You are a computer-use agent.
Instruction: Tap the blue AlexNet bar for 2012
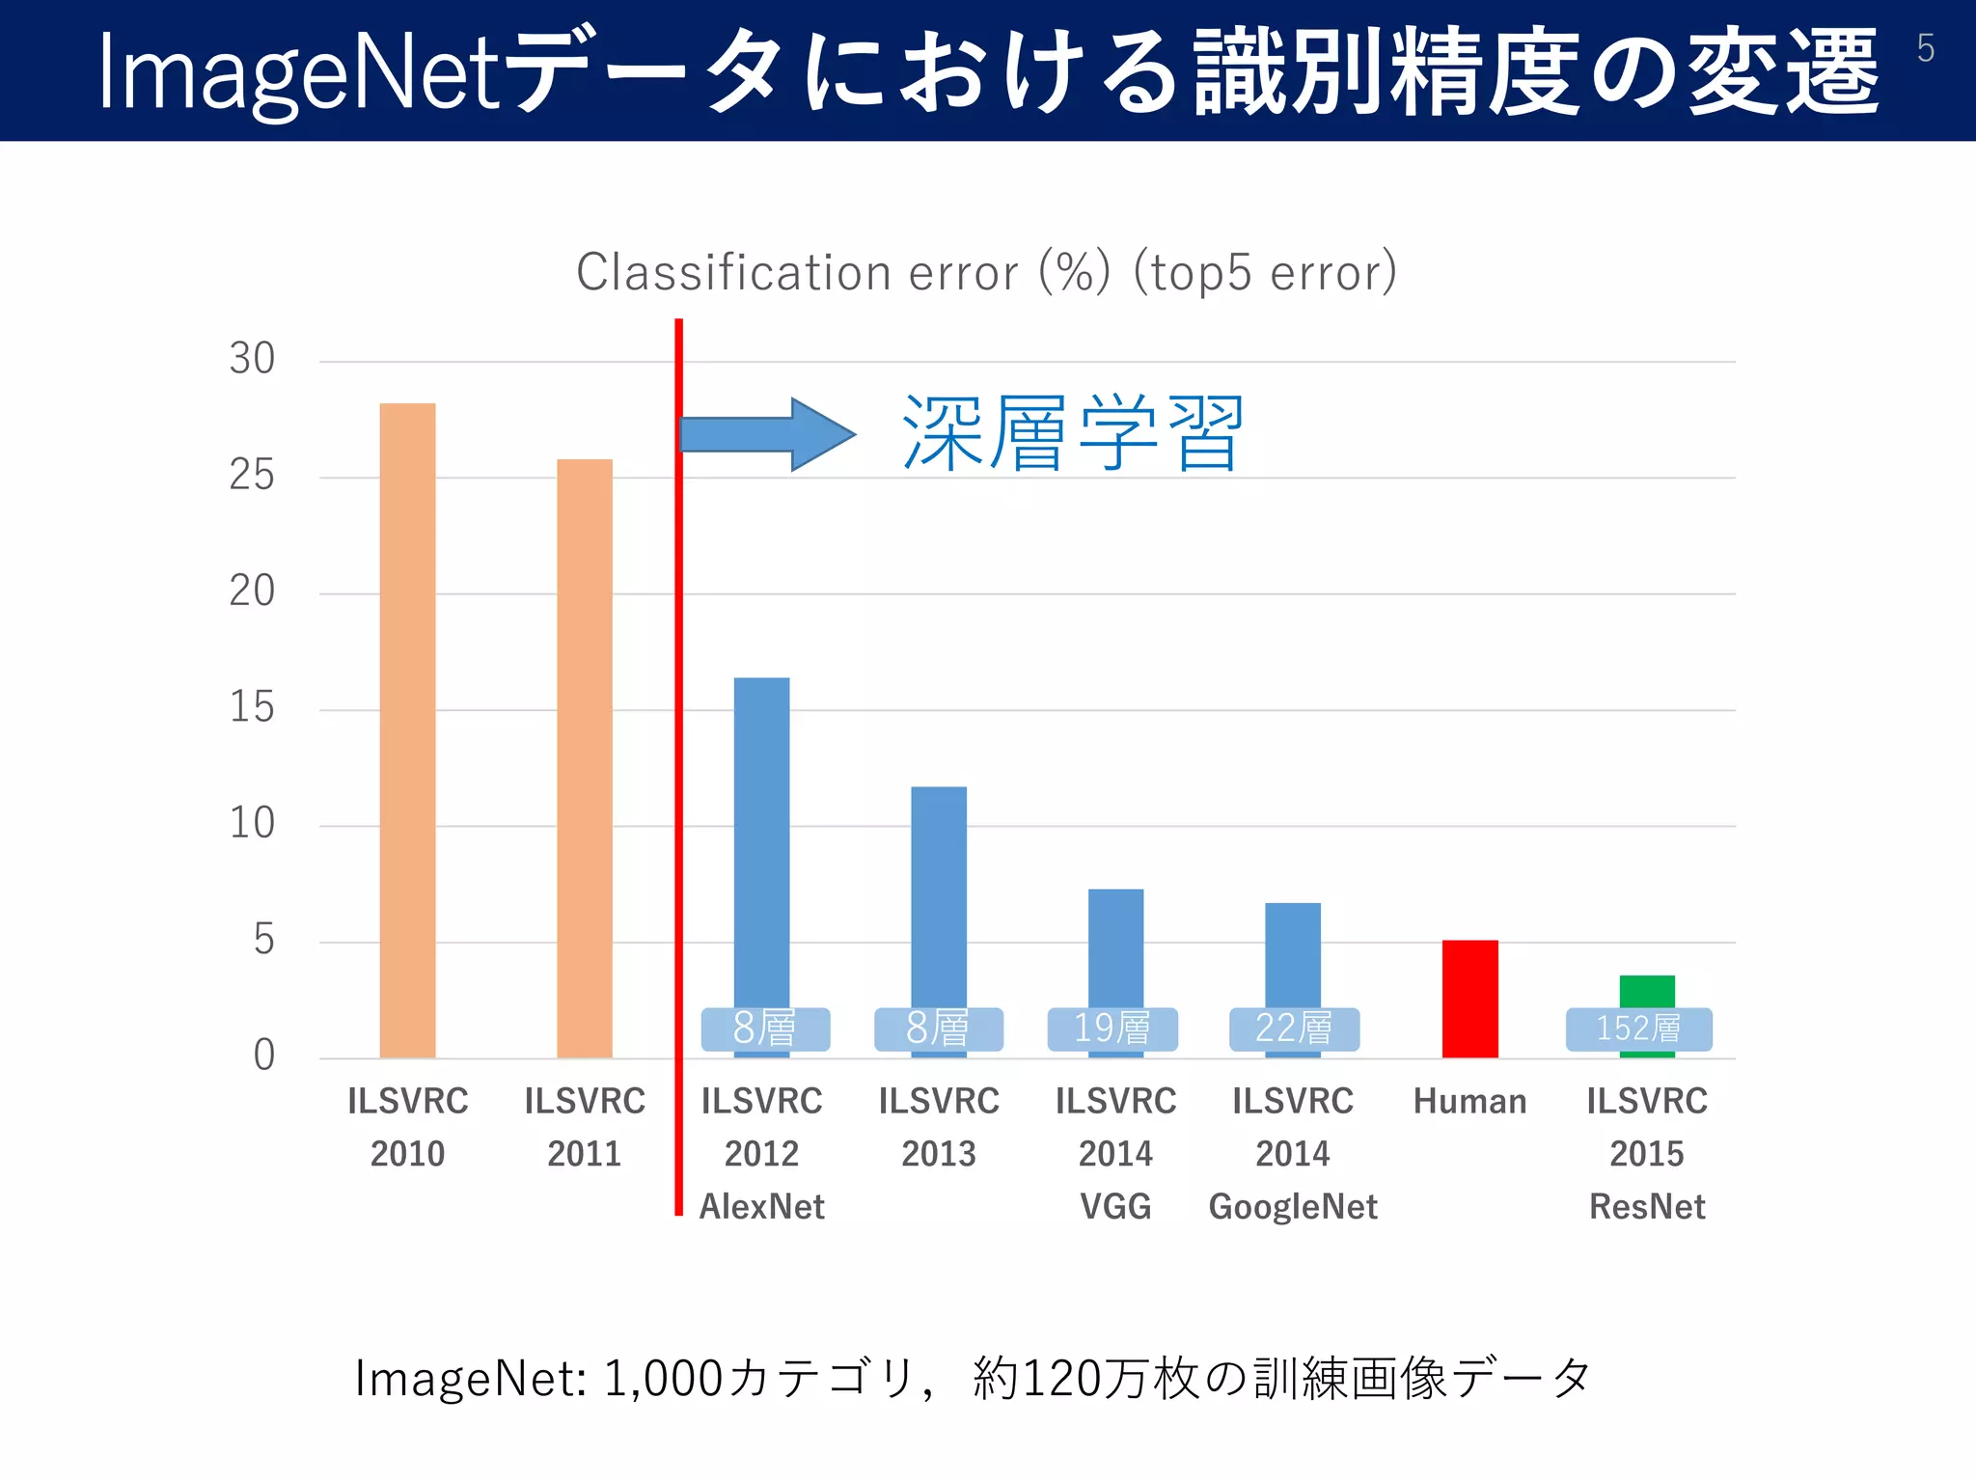(x=761, y=839)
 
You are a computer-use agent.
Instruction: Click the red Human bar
(x=1469, y=999)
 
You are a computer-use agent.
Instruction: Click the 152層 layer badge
(x=1638, y=1029)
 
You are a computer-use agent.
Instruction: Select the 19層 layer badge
(x=1112, y=1029)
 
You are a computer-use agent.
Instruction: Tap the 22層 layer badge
(x=1294, y=1029)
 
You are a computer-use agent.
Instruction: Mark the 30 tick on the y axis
(x=252, y=359)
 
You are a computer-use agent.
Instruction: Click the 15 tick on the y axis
(x=252, y=708)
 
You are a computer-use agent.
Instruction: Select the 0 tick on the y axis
(x=263, y=1056)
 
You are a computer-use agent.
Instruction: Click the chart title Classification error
(x=986, y=272)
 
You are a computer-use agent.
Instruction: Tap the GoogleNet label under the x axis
(x=1293, y=1207)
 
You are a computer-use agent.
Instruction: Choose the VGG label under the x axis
(x=1115, y=1207)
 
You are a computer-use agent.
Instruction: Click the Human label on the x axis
(x=1469, y=1102)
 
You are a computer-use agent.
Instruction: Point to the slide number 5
(x=1925, y=48)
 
